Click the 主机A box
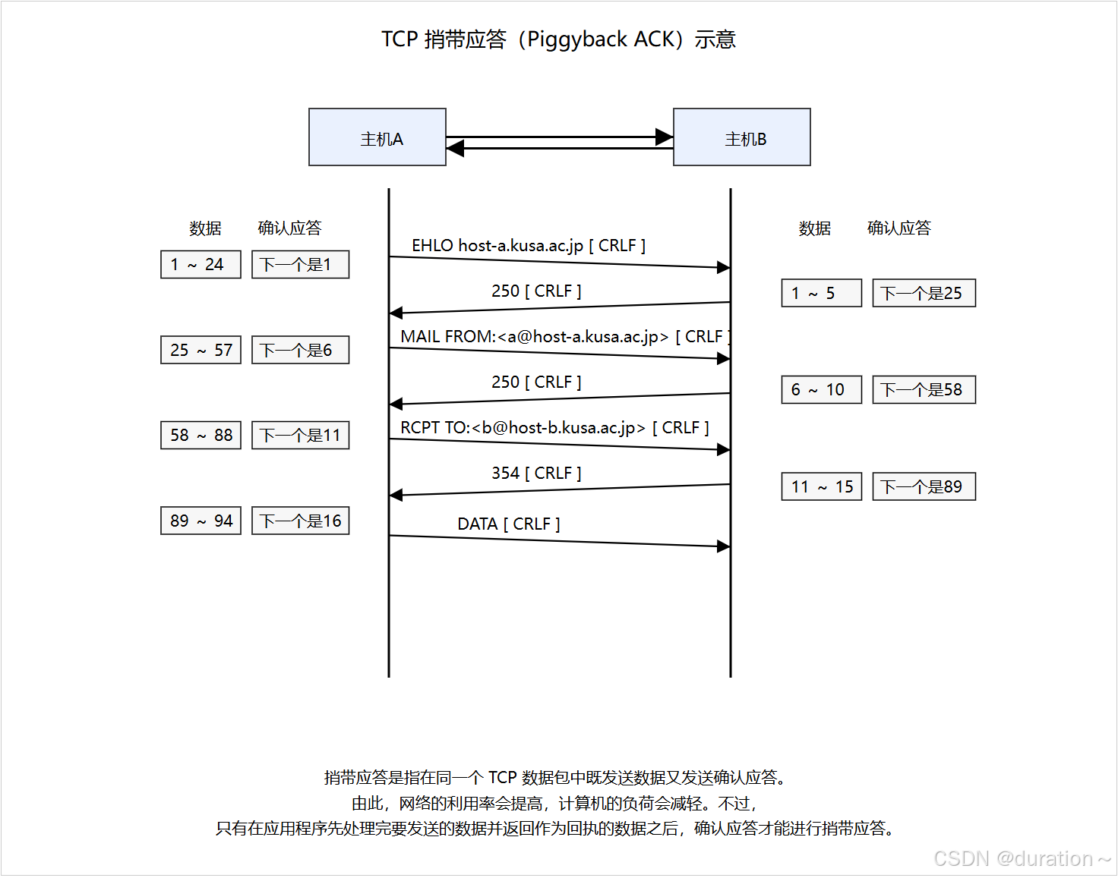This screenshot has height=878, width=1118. point(377,137)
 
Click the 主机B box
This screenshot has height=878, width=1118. point(741,137)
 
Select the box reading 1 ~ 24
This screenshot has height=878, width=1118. point(201,265)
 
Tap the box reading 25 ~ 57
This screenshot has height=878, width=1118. point(201,351)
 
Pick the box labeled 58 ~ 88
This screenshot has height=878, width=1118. point(201,436)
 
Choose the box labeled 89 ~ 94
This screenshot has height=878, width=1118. point(201,521)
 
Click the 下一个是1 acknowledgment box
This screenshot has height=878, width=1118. point(300,265)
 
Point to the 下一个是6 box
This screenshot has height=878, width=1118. point(300,351)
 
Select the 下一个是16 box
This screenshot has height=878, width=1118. point(300,521)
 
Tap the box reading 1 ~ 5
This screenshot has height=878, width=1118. point(821,294)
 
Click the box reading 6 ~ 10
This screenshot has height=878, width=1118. point(821,390)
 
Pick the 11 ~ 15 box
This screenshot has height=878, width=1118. point(821,487)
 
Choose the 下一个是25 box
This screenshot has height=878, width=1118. point(924,294)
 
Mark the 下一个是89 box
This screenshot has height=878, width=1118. point(924,487)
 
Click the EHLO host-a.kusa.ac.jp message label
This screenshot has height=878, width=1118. point(529,246)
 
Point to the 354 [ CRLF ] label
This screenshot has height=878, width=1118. point(536,474)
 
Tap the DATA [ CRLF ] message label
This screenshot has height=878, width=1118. point(508,524)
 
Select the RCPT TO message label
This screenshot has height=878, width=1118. point(554,428)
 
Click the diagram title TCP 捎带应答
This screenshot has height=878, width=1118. point(558,39)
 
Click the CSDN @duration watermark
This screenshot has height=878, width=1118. point(1022,859)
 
